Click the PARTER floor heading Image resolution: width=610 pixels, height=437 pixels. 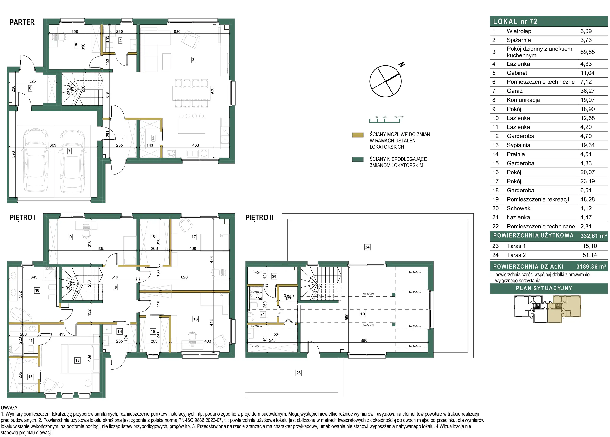22,22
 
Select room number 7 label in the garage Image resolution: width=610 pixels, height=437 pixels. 69,151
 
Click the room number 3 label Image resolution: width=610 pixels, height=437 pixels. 193,60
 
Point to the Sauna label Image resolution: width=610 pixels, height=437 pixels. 289,295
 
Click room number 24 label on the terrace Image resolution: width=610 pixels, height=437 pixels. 367,247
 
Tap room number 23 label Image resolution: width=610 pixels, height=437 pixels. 298,373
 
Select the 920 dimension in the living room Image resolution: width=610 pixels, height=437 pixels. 212,91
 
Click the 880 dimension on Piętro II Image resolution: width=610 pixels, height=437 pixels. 364,340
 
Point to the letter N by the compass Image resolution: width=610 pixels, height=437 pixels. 402,64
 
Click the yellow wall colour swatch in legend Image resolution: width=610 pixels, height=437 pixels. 358,135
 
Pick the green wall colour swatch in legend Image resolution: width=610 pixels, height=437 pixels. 358,159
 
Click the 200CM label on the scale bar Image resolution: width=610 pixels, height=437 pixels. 399,117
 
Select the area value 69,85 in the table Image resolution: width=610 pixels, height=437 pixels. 587,52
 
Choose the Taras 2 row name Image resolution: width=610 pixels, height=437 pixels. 516,255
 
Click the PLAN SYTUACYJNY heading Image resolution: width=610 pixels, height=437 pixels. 544,288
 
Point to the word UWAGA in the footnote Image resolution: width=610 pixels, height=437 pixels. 10,408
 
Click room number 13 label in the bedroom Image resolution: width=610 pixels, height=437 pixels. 78,360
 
